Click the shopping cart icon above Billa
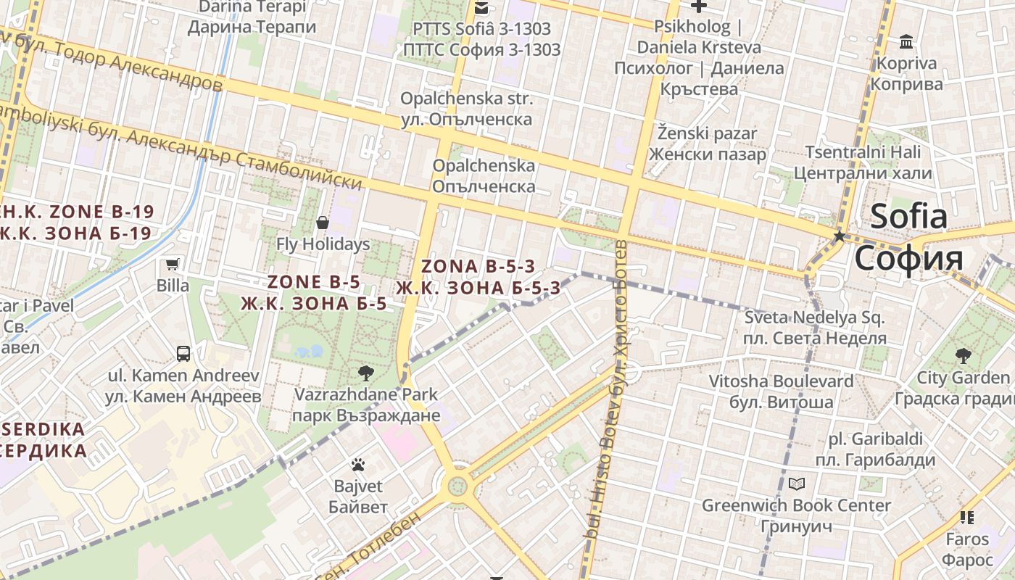pos(173,265)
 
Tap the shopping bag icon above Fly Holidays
pos(323,223)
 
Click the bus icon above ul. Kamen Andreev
pos(183,354)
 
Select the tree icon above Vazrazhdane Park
pos(366,373)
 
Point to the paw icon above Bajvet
pos(358,465)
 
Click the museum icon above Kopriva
pos(906,42)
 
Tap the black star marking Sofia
pos(840,236)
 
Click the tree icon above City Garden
pos(963,356)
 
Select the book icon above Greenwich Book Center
pos(796,484)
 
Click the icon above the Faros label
pos(966,518)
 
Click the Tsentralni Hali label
pos(863,163)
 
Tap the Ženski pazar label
pos(707,144)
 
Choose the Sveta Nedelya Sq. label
pos(815,328)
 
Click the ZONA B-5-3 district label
pos(478,277)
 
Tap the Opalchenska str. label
pos(467,109)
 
